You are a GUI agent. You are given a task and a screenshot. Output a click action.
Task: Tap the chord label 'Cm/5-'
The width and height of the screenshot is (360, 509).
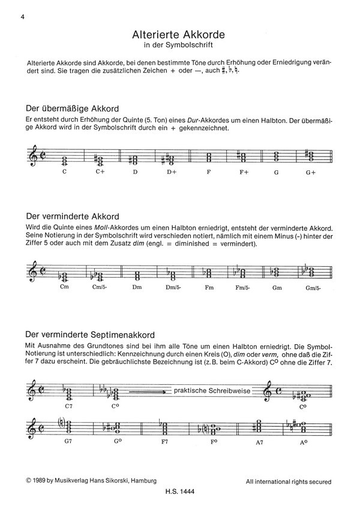[101, 286]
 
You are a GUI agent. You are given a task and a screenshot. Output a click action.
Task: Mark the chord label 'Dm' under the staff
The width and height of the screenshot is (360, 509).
[137, 286]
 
